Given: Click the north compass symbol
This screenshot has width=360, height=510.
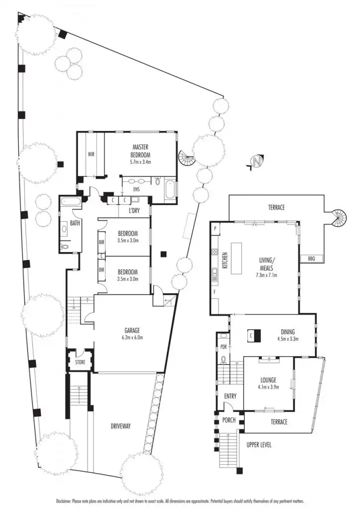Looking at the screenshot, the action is tap(256, 162).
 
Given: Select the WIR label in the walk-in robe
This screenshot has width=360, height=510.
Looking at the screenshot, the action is tap(91, 154).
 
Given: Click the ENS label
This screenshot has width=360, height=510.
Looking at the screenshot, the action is tap(136, 190).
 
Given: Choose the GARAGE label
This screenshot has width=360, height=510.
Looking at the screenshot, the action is tap(132, 330).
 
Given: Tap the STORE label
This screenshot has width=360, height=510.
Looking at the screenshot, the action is tap(80, 362).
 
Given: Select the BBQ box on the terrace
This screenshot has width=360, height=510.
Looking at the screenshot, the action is tap(312, 258).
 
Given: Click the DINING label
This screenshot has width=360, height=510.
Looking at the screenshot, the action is tap(287, 332).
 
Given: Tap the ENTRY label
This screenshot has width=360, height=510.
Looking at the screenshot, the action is tap(230, 396).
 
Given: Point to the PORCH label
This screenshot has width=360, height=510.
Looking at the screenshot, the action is tap(229, 420).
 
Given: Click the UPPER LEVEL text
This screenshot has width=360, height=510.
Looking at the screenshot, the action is tap(259, 445).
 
